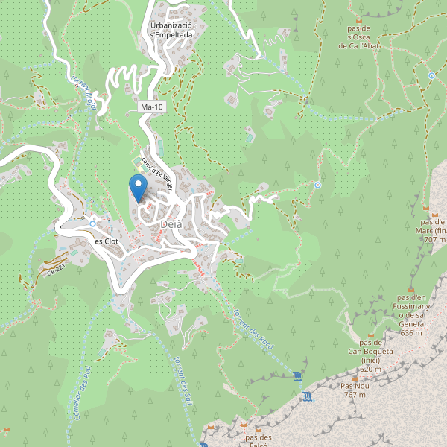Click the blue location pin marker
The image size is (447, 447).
(137, 186)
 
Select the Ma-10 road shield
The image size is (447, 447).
(152, 107)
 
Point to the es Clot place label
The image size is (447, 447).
(107, 241)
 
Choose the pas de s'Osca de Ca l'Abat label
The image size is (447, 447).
(361, 35)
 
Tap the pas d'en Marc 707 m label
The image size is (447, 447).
(432, 230)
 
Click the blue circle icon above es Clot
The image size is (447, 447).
(92, 223)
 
